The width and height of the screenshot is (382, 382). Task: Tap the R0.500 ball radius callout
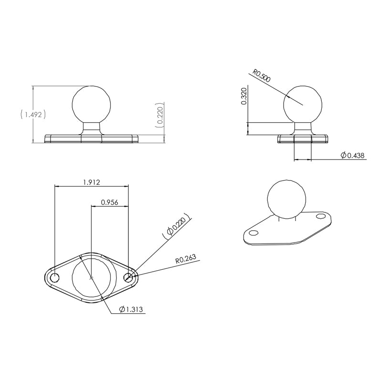click(x=262, y=76)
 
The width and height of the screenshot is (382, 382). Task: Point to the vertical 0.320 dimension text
click(x=244, y=96)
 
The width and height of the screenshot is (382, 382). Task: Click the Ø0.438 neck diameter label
click(x=353, y=155)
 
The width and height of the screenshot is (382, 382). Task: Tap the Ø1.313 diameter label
click(x=131, y=310)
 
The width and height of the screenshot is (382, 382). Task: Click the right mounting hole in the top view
click(x=128, y=277)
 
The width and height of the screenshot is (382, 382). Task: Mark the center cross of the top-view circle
click(x=91, y=277)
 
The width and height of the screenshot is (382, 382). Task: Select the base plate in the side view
click(x=303, y=138)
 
